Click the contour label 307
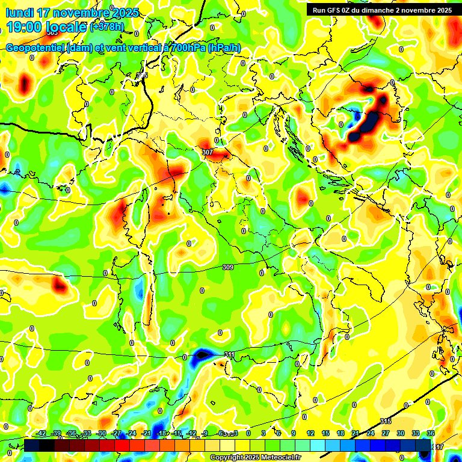[208, 152]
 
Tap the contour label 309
[228, 267]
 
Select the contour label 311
[229, 354]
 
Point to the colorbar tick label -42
[42, 433]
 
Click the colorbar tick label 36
[431, 433]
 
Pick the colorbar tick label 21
[356, 433]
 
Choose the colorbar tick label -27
[117, 433]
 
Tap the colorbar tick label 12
[310, 433]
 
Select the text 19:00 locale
[46, 26]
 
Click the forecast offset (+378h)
[107, 27]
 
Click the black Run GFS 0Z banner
[382, 10]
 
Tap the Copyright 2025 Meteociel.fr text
[255, 458]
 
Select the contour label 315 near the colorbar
[386, 421]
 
